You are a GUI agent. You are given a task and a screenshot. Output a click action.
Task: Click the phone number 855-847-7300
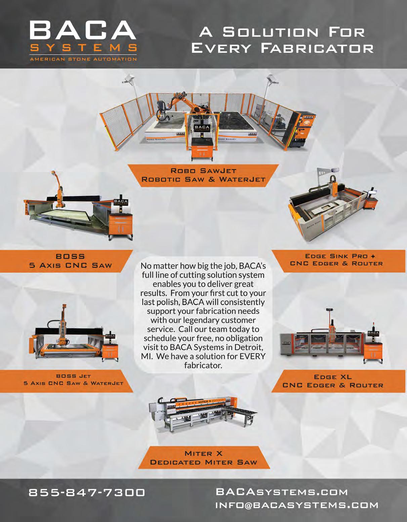pos(87,492)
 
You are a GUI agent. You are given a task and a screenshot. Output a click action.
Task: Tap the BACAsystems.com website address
pos(282,492)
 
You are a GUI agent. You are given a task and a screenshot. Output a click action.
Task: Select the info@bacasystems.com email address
pos(297,505)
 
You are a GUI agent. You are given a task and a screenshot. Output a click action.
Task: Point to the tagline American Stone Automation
pos(83,59)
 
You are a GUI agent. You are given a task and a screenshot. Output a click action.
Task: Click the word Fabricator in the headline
pos(317,48)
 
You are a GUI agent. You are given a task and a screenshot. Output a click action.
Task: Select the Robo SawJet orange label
pos(203,175)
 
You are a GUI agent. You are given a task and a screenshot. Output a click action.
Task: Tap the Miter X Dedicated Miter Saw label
pos(203,457)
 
